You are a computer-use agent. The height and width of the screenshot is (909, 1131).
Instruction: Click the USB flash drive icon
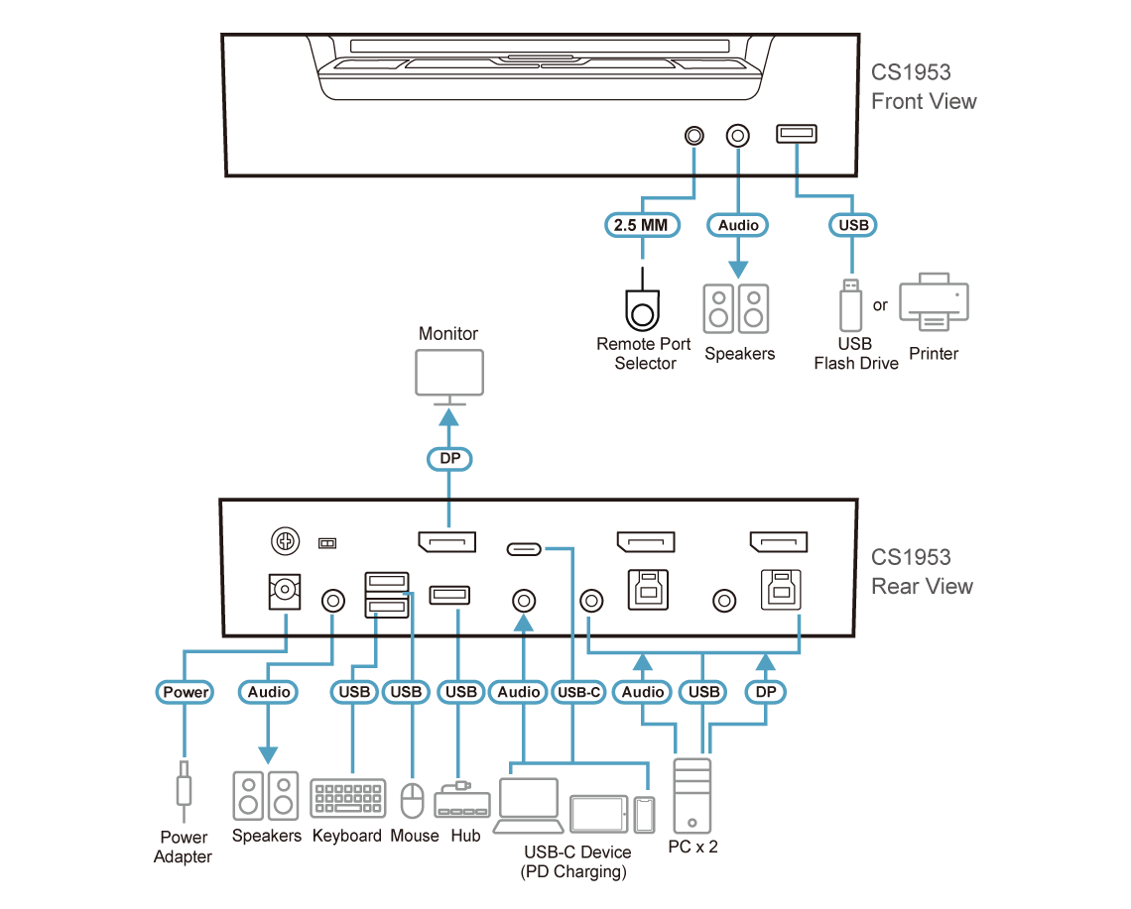click(850, 305)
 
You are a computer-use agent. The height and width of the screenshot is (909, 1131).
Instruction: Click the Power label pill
click(186, 692)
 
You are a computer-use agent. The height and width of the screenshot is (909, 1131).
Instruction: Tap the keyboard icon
click(347, 799)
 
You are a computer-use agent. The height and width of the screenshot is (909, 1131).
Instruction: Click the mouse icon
click(412, 800)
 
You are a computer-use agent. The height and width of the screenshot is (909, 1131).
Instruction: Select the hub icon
click(461, 800)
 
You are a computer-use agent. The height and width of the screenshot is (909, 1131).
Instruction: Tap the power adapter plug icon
click(184, 789)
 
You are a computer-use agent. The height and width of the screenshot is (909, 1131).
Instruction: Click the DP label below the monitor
click(448, 459)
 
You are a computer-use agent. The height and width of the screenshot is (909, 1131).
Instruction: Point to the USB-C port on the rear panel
click(525, 548)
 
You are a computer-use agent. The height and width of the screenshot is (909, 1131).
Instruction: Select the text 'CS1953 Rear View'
click(910, 572)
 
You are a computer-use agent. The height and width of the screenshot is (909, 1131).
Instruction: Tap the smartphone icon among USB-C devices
click(646, 814)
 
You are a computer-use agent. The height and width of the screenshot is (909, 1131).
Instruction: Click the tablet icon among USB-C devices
click(598, 813)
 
